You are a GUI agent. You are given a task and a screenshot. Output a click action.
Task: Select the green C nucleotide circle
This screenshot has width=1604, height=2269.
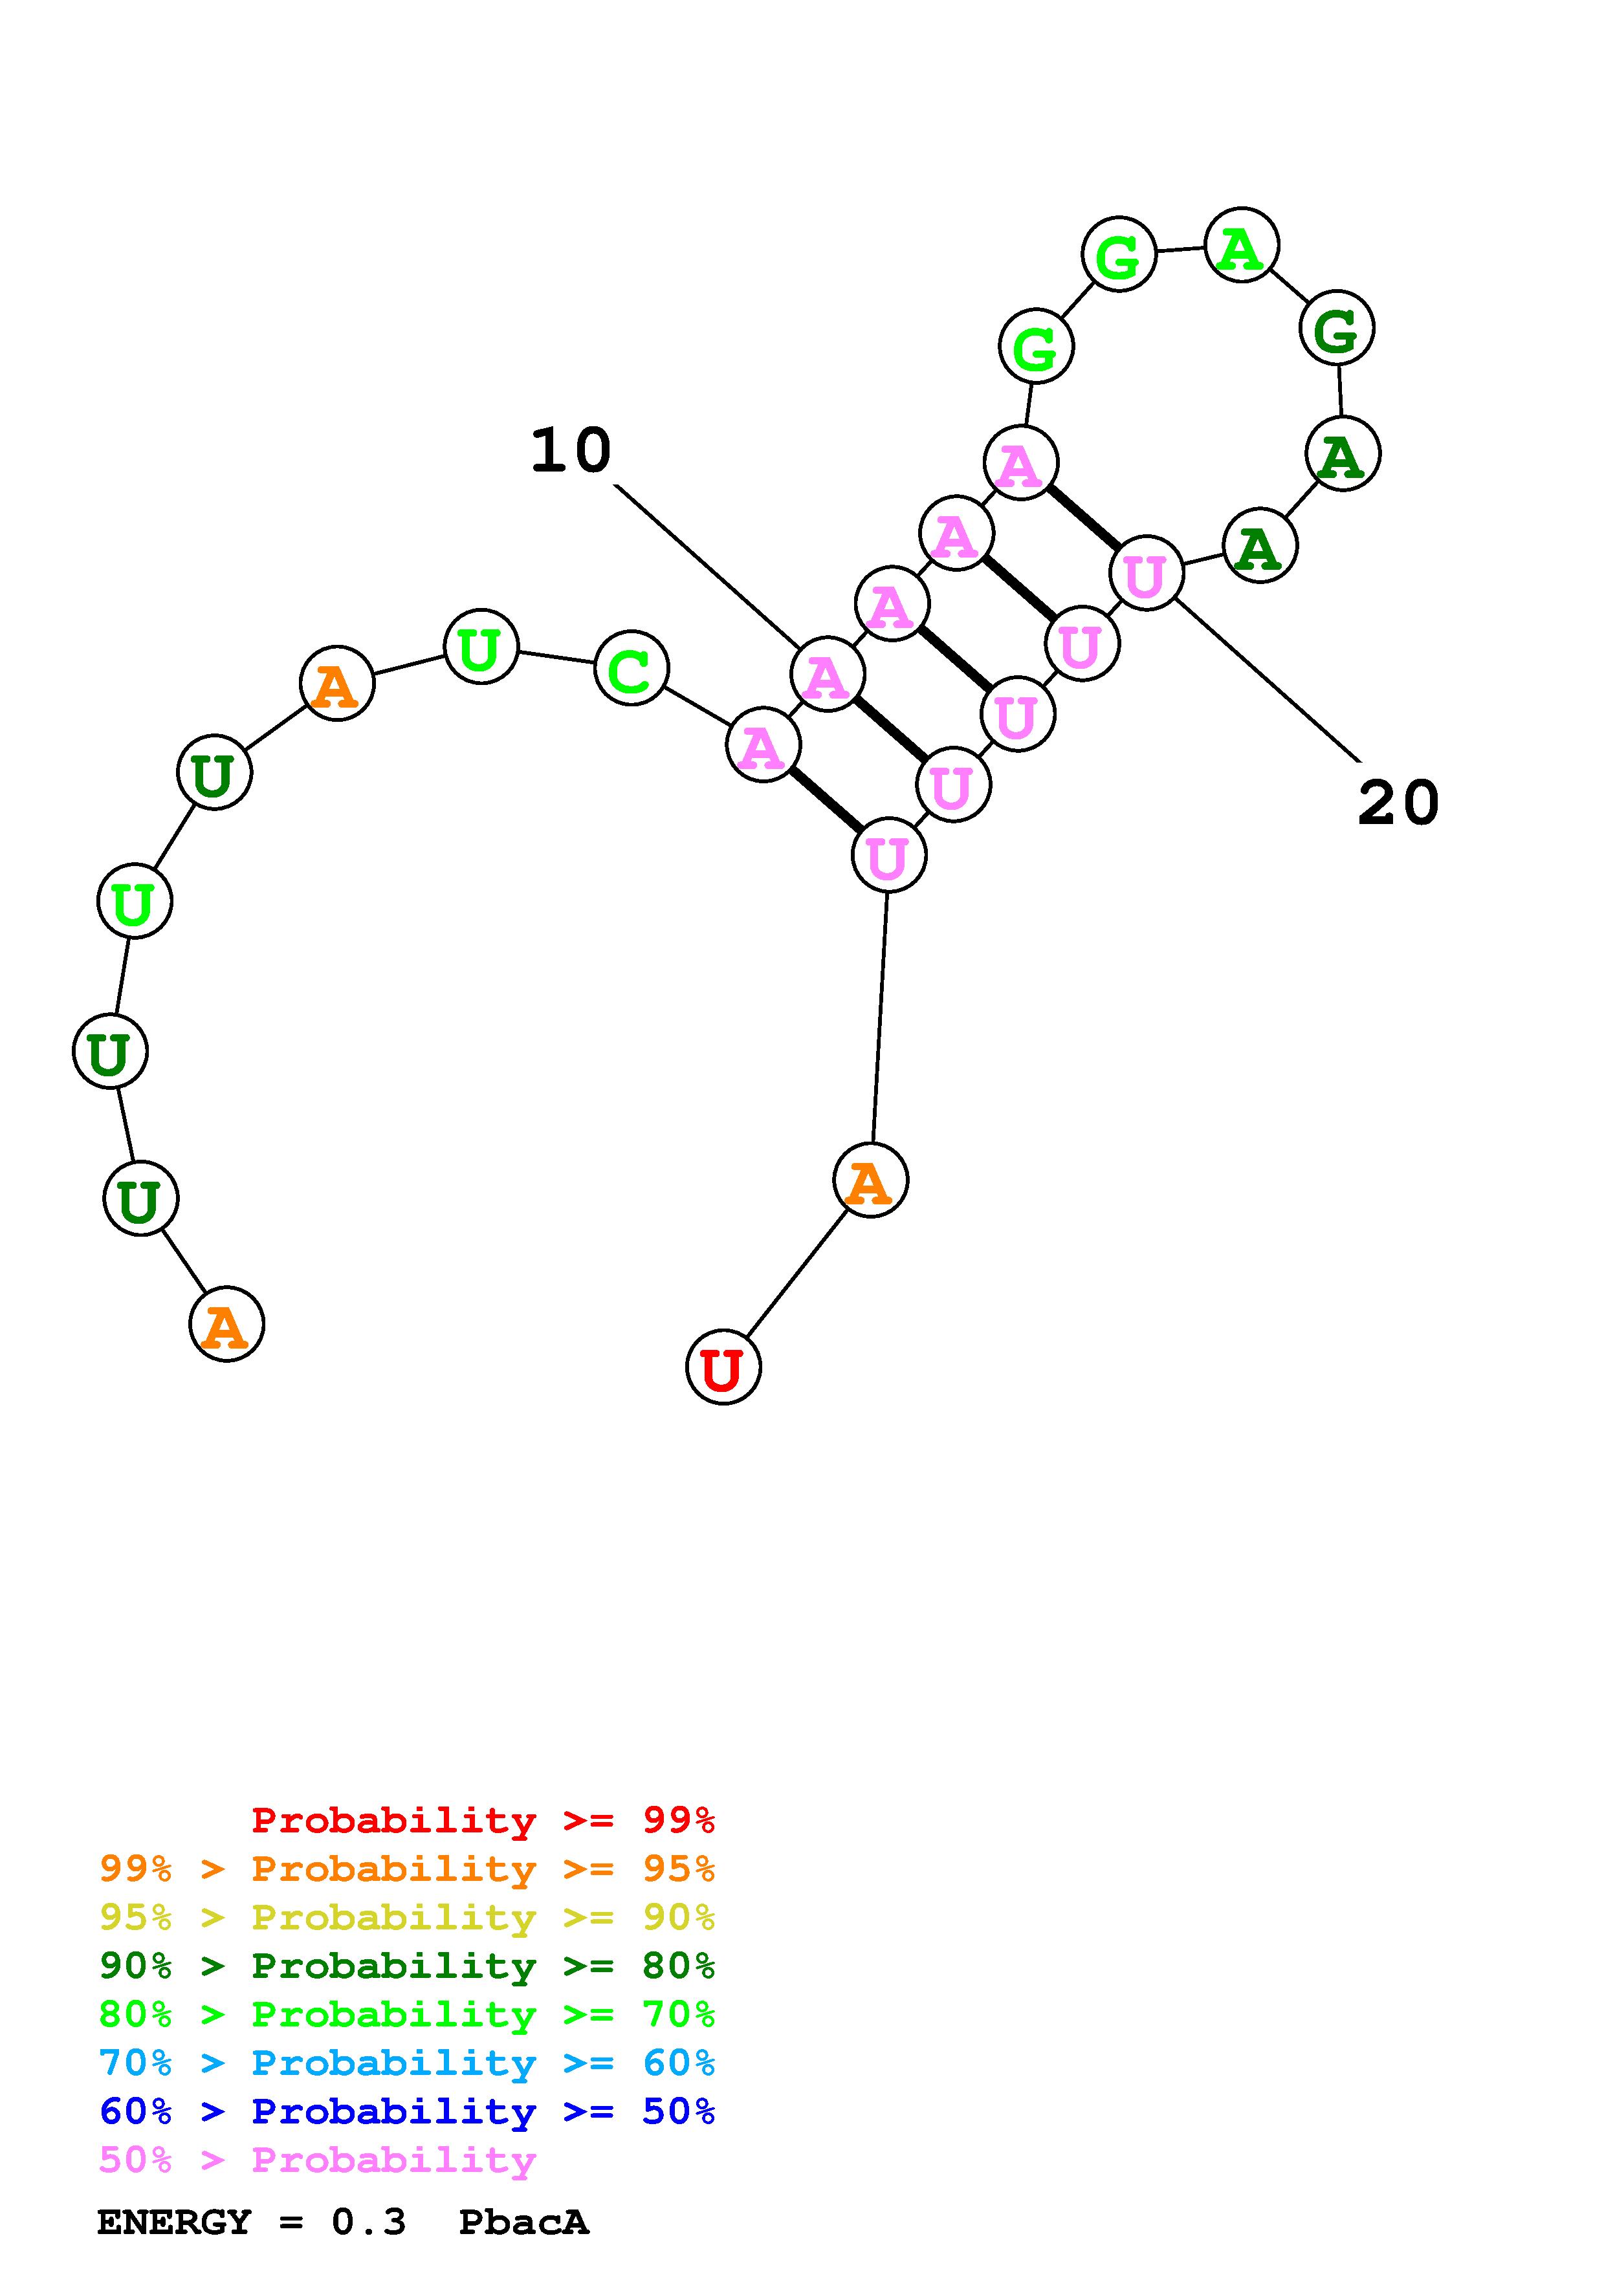pos(630,669)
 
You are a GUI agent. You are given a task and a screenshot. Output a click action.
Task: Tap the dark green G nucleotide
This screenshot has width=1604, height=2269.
pos(1336,328)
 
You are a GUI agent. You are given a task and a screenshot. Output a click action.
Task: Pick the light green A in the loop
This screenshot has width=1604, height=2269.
pos(1241,245)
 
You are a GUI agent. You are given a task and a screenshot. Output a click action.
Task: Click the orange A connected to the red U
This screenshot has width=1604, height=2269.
pos(870,1180)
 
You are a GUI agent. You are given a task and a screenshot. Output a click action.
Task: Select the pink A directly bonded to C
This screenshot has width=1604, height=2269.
pos(762,744)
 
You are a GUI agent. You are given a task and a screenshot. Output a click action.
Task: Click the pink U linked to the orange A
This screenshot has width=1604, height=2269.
pos(888,855)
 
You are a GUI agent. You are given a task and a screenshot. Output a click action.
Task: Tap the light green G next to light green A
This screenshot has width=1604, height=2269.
pos(1118,255)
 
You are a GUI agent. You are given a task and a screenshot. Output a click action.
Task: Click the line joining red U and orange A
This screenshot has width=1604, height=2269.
pos(797,1273)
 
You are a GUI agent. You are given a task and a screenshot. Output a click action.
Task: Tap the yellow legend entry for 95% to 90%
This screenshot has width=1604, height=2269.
pos(406,1917)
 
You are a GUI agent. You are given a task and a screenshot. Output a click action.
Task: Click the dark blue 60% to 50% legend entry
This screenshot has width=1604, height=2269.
pos(406,2111)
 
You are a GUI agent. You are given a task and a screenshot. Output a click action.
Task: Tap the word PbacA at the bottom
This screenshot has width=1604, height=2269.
pos(524,2222)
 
